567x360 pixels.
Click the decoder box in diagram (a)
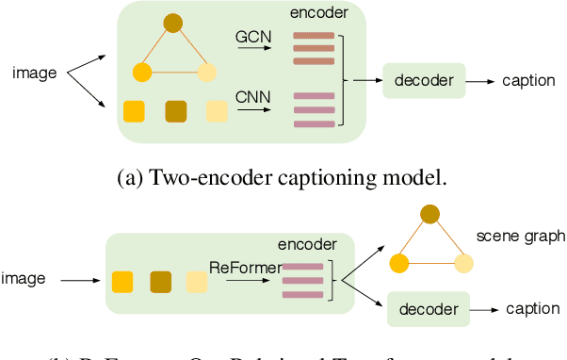[x=423, y=81]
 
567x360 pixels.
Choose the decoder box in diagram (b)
[x=429, y=308]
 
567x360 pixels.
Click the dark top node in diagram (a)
[x=172, y=23]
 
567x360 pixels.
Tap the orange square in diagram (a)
[x=137, y=111]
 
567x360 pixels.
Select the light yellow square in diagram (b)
[x=195, y=280]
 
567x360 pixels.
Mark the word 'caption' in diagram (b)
[x=532, y=308]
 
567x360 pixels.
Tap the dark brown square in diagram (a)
[x=176, y=111]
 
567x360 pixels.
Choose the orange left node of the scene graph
[x=399, y=264]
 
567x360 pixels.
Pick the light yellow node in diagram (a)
[x=206, y=72]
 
